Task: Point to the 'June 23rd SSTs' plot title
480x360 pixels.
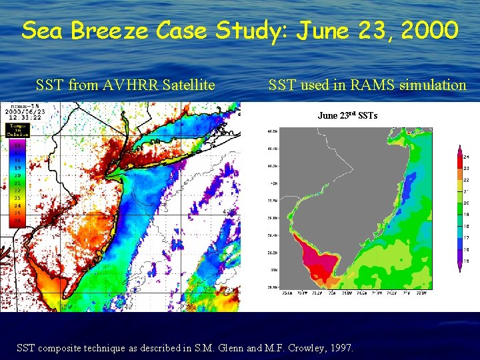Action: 347,116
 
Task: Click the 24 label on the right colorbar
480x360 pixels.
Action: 467,157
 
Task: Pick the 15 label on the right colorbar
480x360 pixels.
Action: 467,261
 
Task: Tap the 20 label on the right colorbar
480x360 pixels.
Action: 467,203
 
